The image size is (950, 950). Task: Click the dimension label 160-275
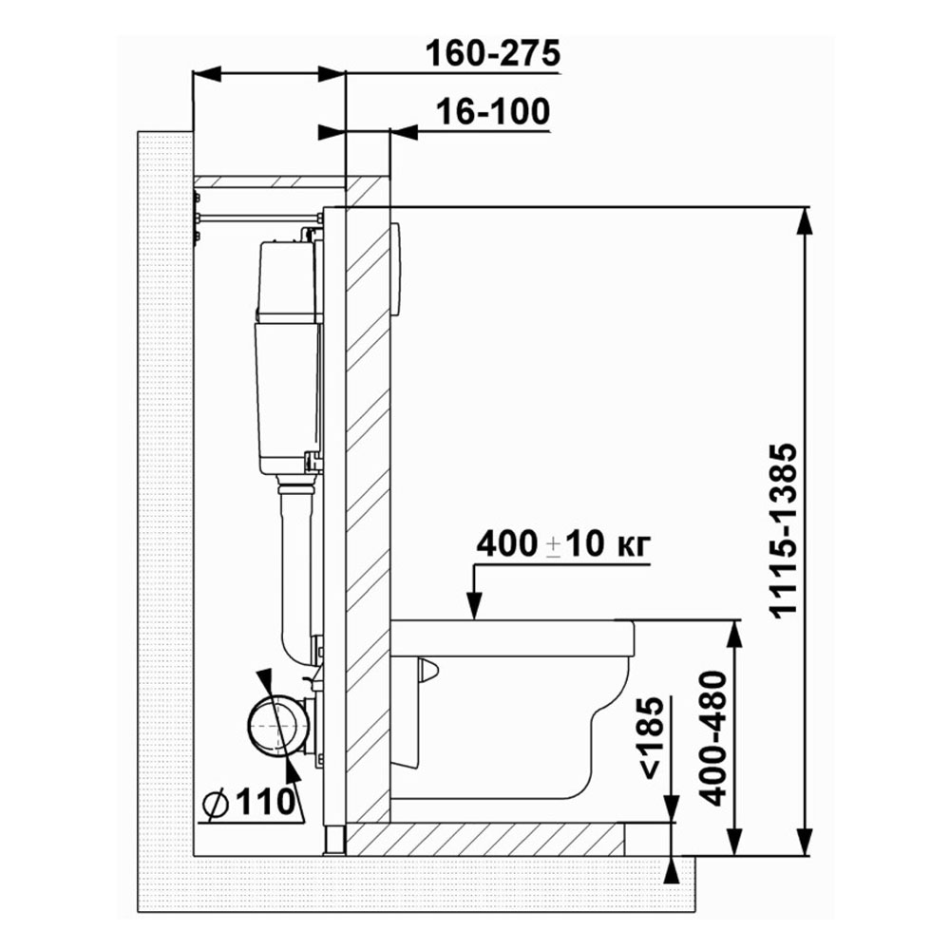(492, 53)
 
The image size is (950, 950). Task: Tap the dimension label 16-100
(493, 111)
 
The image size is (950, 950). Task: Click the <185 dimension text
(652, 737)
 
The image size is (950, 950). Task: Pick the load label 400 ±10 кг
(562, 543)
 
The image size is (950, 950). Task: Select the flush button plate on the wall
(395, 270)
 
